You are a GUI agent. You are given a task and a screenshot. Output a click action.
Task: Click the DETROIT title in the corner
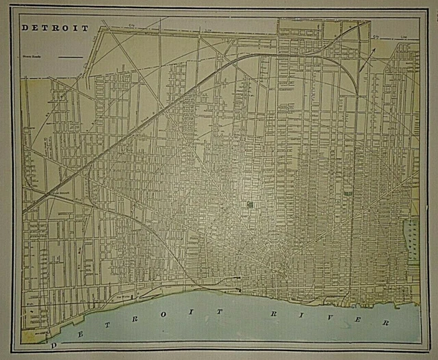55,28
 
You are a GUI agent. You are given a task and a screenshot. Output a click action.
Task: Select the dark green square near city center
250,204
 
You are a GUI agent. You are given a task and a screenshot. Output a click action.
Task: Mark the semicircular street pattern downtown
281,257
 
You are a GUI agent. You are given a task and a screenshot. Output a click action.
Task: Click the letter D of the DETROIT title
25,28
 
